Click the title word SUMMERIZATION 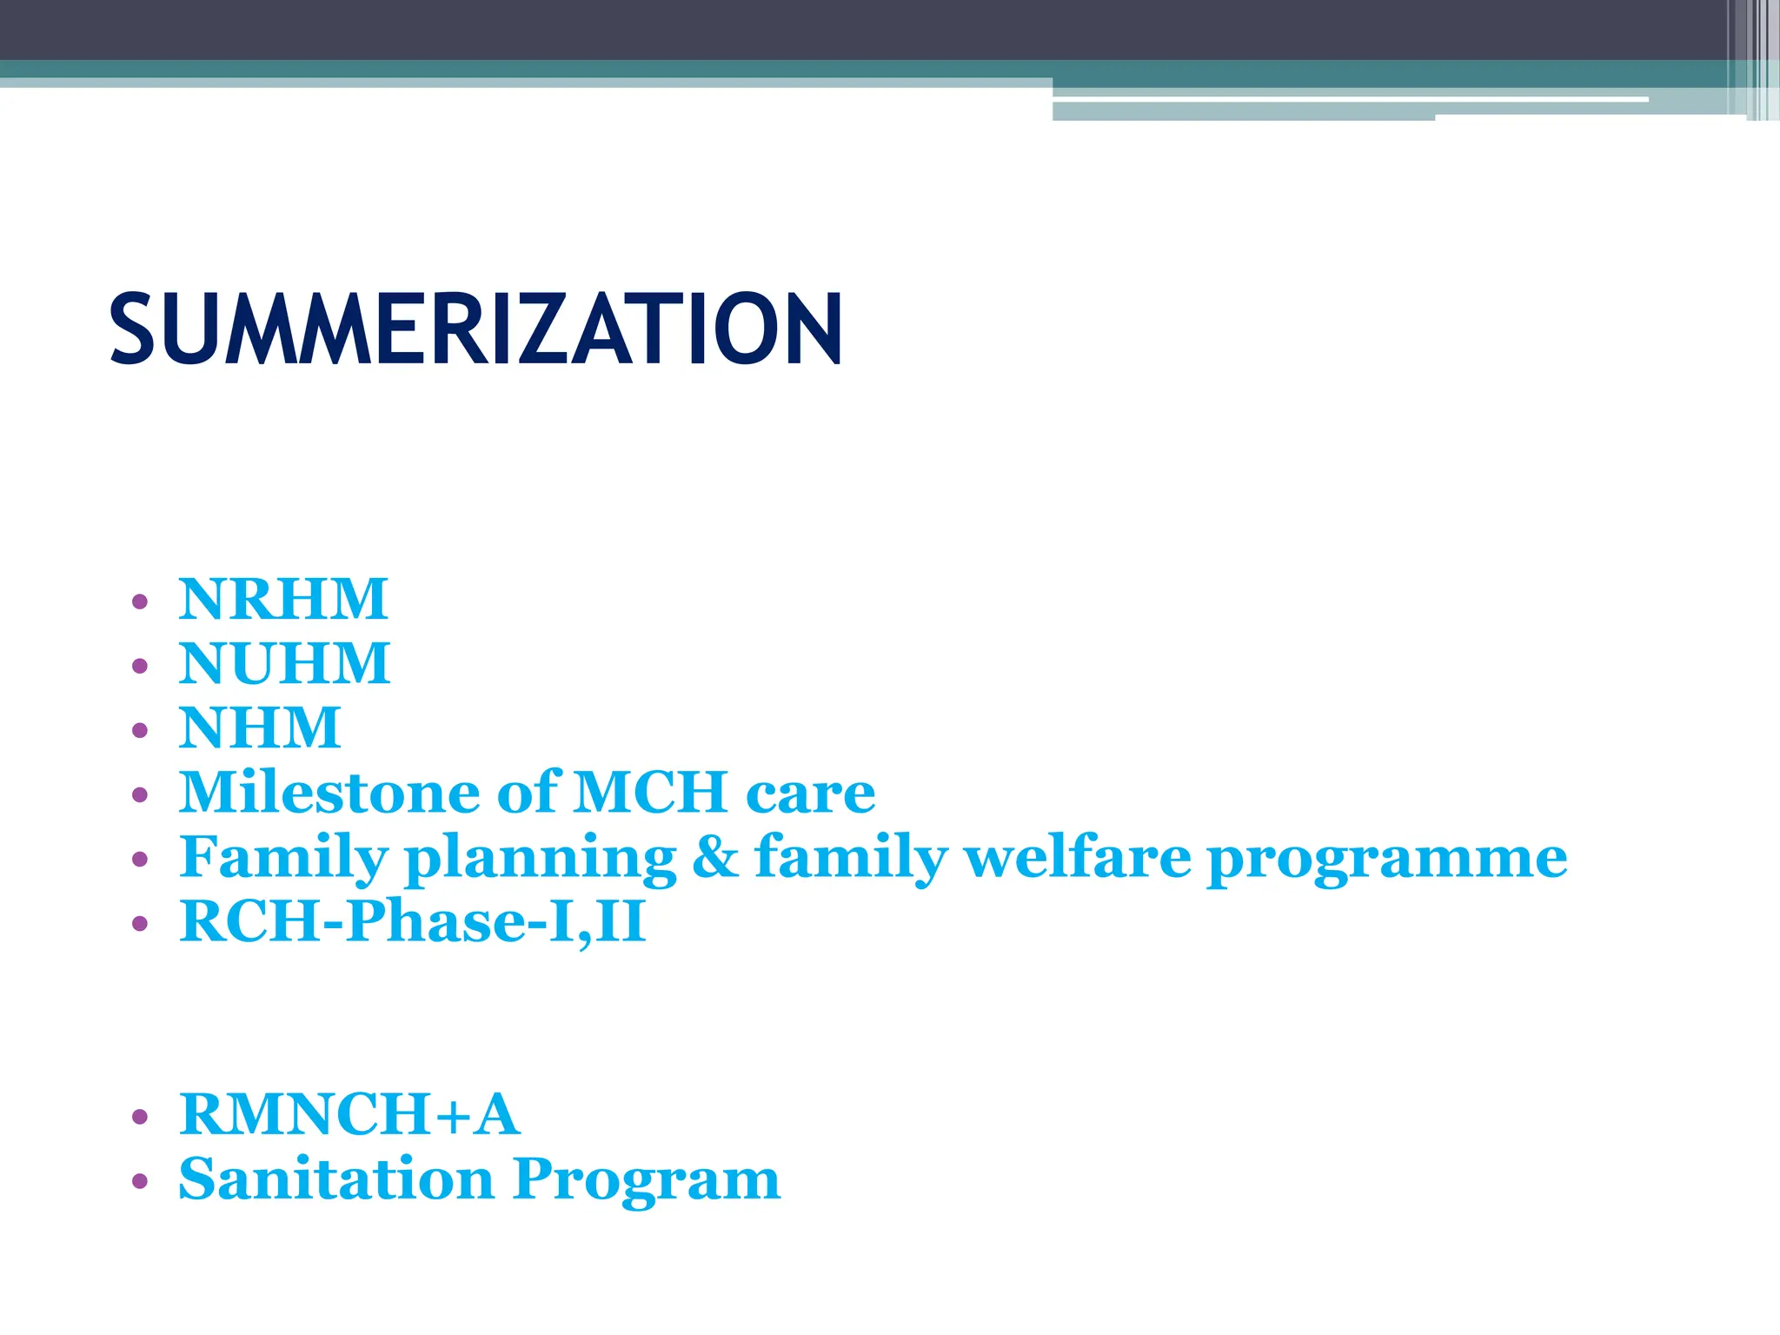(475, 329)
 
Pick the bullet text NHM (260, 727)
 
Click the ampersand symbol (715, 857)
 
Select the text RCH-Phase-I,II (413, 921)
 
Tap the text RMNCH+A (349, 1114)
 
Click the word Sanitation (336, 1179)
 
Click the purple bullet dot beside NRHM (140, 601)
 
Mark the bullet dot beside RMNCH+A (140, 1117)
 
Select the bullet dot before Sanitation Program (140, 1182)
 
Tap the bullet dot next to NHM (140, 730)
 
